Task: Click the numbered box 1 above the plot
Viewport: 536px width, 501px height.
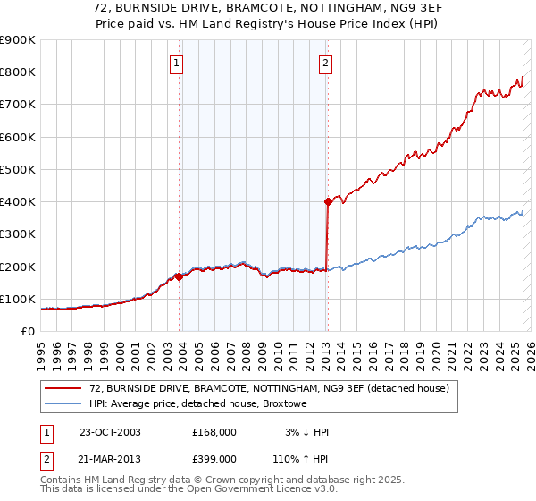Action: (x=177, y=63)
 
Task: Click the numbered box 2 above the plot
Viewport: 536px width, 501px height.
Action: (x=325, y=63)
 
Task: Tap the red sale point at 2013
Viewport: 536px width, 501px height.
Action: (x=328, y=202)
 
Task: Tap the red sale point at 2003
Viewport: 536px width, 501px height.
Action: (x=180, y=276)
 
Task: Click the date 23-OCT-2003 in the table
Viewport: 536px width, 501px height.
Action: (x=110, y=432)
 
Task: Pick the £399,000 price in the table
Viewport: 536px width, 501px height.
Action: (x=214, y=458)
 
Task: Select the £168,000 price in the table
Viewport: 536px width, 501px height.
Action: (x=214, y=432)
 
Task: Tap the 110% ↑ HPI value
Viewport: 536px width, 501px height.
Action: (x=301, y=458)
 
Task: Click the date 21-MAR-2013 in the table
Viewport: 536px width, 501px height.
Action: (x=110, y=458)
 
